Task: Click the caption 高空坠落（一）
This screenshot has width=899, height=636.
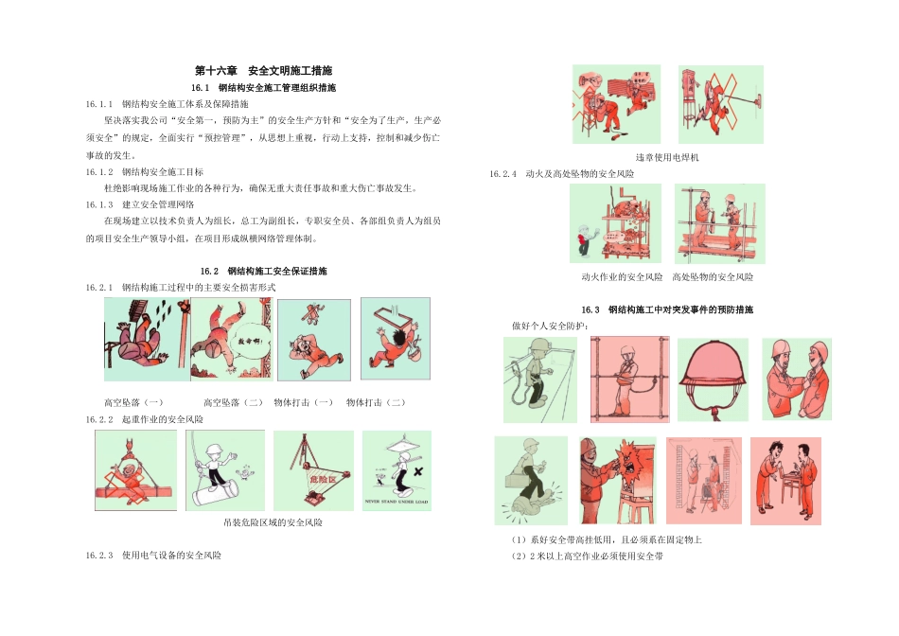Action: point(133,402)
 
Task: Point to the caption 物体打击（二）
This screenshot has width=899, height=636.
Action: point(377,402)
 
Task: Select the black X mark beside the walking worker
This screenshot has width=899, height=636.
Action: point(417,470)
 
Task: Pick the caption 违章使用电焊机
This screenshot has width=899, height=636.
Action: point(667,157)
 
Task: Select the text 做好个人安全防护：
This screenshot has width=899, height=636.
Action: point(551,326)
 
